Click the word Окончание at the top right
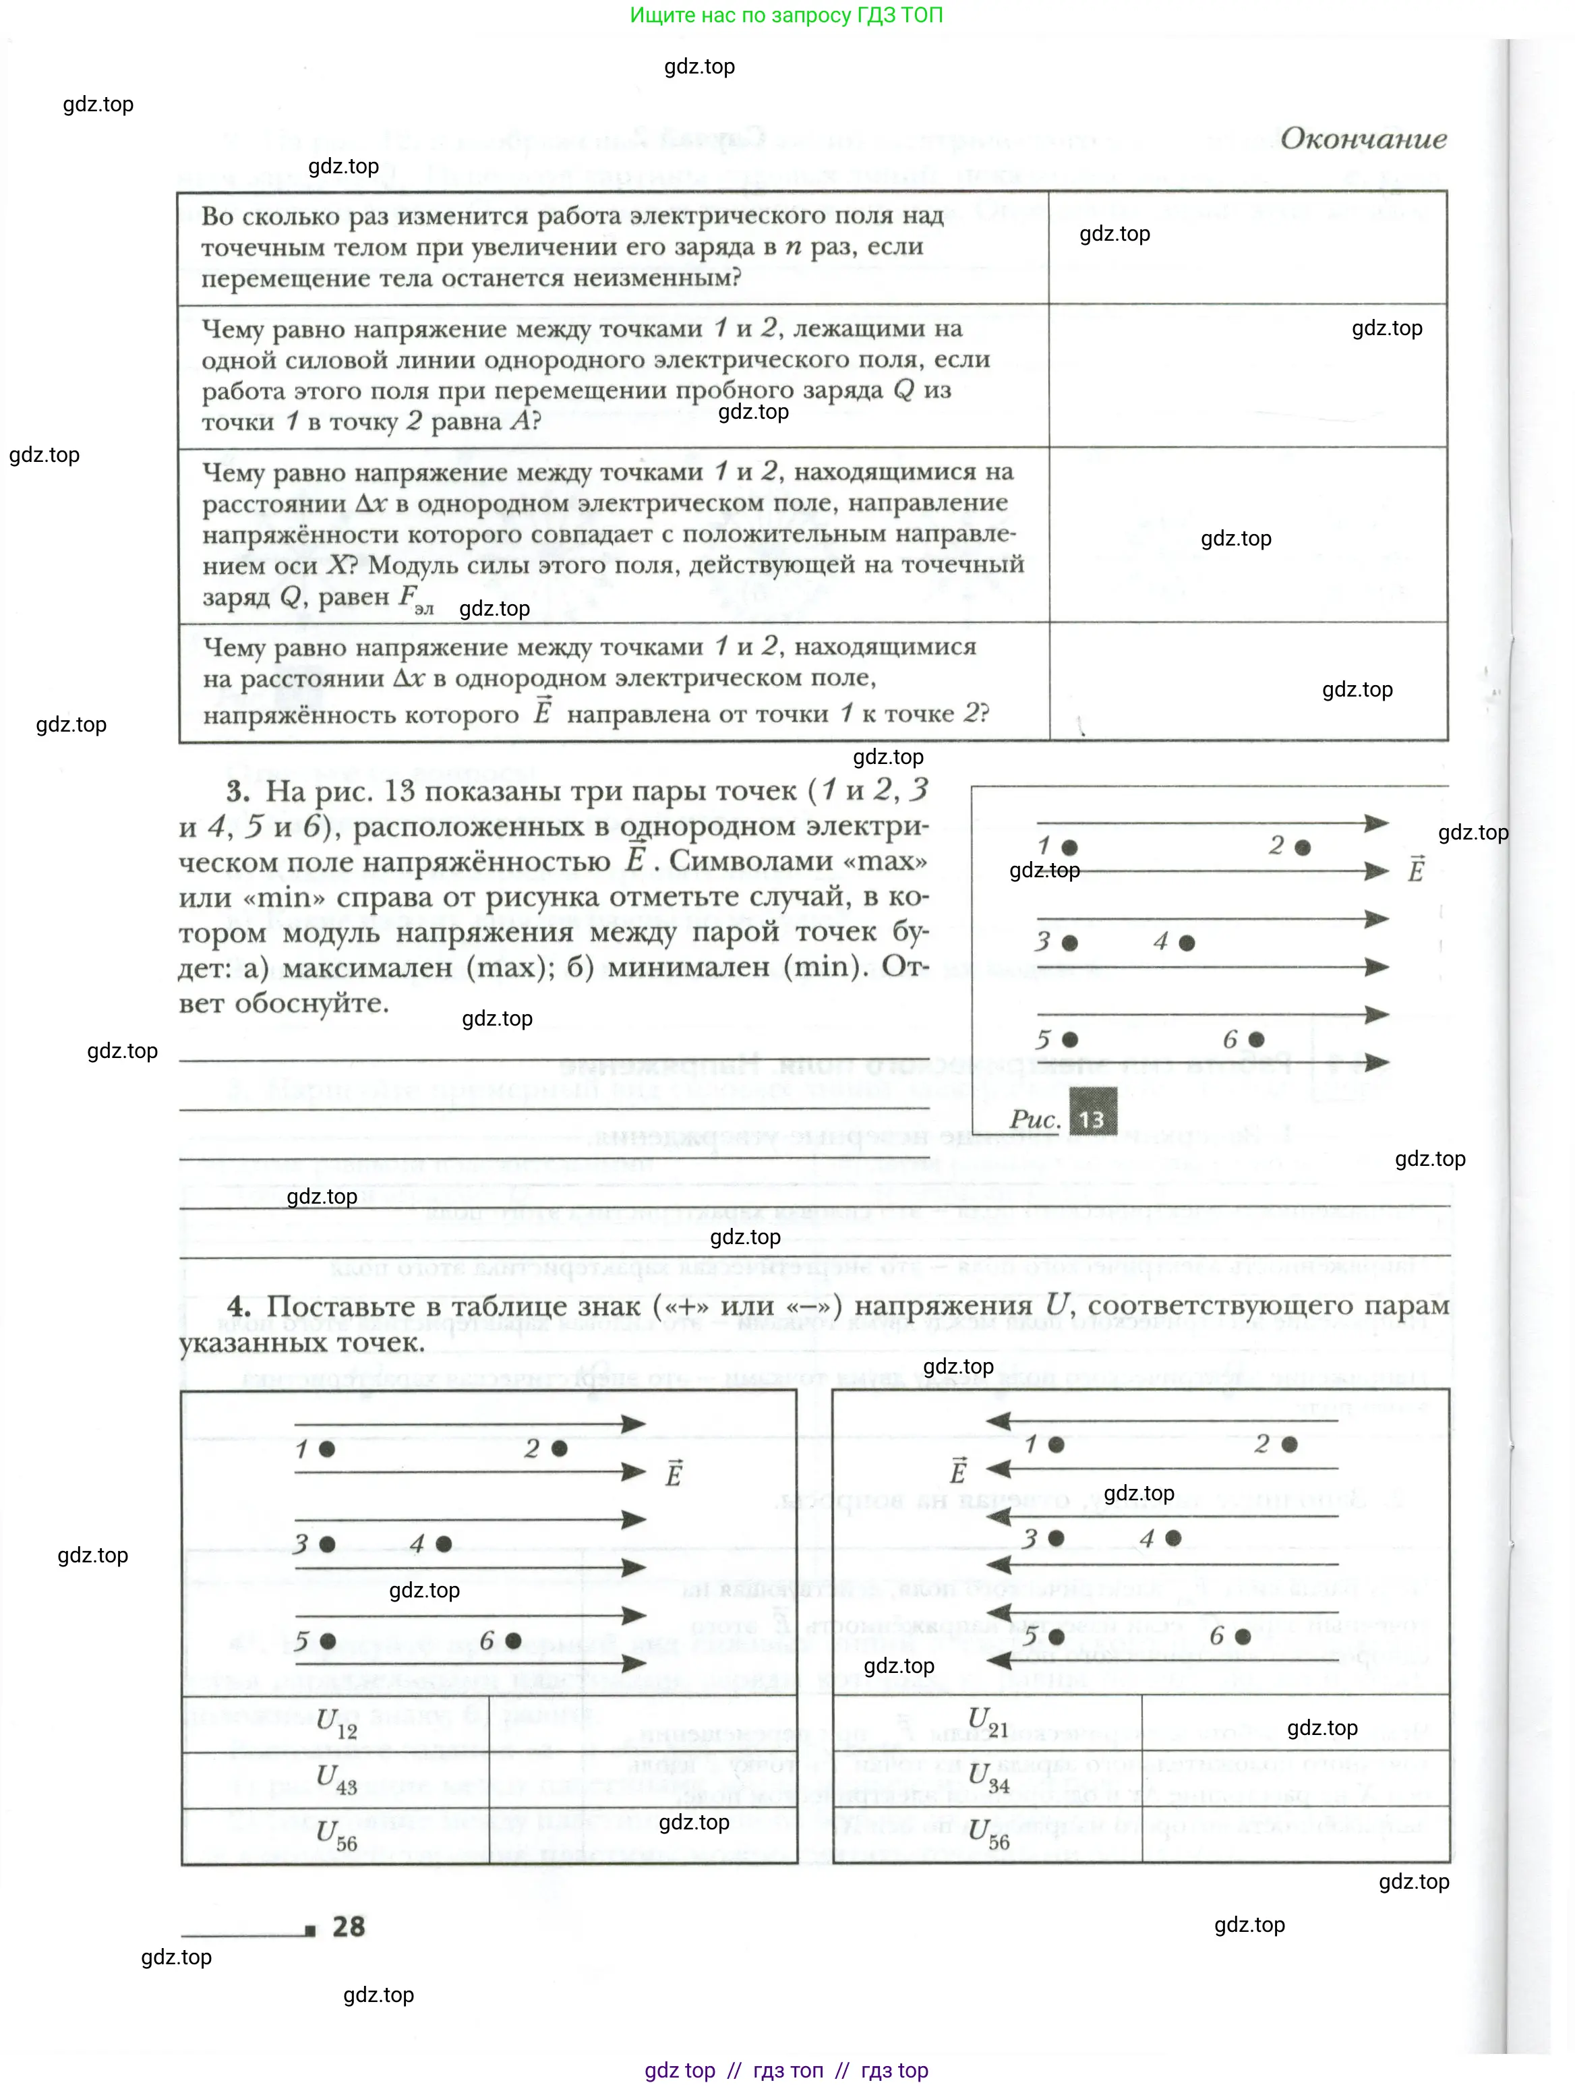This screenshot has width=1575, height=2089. (1363, 139)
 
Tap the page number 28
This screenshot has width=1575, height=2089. (349, 1926)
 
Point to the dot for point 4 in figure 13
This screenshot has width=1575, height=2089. (1187, 943)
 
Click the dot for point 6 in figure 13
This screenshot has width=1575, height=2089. (1256, 1040)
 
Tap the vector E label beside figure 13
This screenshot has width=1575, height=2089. (1415, 869)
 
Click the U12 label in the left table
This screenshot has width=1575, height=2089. (336, 1724)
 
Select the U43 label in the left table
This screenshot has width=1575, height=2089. (336, 1780)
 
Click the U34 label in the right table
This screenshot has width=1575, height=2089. (988, 1778)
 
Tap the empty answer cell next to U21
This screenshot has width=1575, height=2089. (1295, 1722)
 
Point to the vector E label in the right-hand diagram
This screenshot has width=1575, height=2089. (958, 1471)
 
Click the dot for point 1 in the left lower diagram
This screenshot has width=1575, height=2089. (327, 1448)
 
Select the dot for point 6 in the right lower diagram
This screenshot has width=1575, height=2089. (1243, 1636)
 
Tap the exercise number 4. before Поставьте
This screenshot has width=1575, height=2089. (239, 1307)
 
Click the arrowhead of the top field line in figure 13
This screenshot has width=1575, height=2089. (1377, 823)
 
